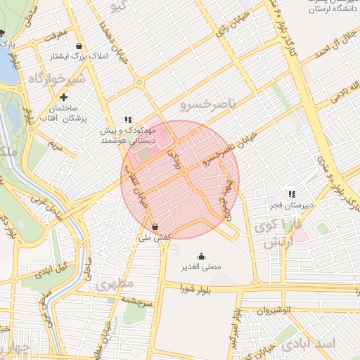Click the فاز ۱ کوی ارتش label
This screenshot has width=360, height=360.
pos(271,235)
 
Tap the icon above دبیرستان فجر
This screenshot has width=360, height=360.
pos(291,194)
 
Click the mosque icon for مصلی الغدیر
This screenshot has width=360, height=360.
pos(202,256)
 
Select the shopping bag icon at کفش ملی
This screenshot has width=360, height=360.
pos(155,227)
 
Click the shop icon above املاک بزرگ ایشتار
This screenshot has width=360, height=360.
pos(79,46)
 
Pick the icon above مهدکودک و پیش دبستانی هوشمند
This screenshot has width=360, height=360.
pos(127,120)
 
